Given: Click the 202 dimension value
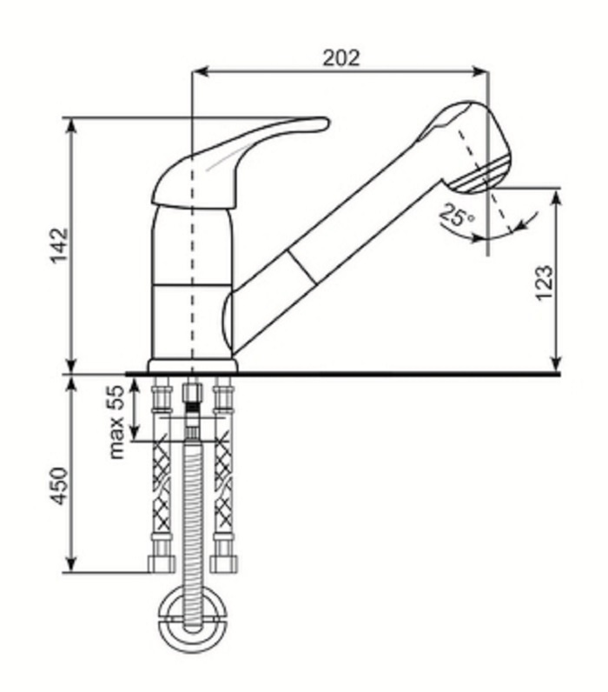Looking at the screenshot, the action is (341, 58).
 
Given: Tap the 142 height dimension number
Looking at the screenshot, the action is (60, 245).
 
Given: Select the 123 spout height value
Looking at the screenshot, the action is (544, 283).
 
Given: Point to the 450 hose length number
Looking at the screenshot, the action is (60, 485).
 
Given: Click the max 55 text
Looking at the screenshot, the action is (116, 422).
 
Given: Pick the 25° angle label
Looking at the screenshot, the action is (457, 215).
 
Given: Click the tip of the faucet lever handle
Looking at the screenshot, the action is (327, 123).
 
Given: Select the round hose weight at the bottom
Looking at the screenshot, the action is (193, 615).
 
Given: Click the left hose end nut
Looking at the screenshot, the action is (161, 563).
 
